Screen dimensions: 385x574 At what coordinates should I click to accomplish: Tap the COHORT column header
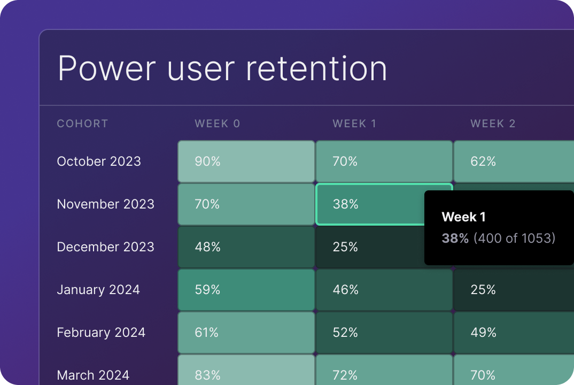(x=82, y=124)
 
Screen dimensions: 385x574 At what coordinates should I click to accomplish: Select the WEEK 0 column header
(x=218, y=124)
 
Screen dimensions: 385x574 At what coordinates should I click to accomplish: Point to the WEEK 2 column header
(x=493, y=124)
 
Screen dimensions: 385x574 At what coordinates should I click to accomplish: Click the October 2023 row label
(x=99, y=161)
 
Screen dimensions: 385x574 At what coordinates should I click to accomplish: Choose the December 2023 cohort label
(x=105, y=247)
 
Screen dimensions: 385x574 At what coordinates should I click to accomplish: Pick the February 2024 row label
(x=101, y=332)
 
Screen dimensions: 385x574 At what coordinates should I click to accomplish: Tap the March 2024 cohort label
(x=93, y=375)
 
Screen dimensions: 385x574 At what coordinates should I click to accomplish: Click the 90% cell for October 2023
(x=246, y=161)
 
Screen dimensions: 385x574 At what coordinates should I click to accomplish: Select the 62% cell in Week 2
(x=513, y=161)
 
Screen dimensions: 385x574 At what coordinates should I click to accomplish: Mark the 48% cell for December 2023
(x=246, y=247)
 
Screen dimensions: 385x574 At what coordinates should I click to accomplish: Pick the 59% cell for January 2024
(x=246, y=289)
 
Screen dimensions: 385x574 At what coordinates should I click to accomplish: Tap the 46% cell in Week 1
(x=384, y=289)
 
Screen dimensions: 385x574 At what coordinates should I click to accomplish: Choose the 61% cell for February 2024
(x=246, y=332)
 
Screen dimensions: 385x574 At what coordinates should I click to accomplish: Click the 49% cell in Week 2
(x=513, y=332)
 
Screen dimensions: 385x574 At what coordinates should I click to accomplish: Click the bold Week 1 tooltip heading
(x=463, y=217)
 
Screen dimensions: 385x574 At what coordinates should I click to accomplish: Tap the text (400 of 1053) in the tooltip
(x=514, y=238)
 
